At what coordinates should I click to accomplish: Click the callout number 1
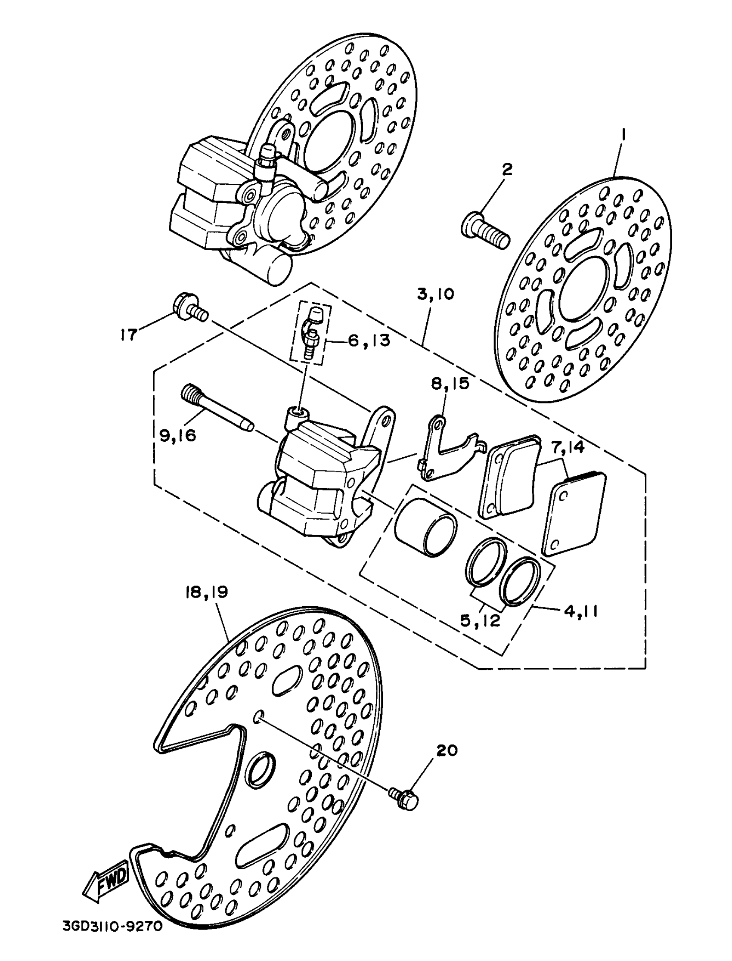tap(623, 136)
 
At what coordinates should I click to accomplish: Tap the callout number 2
tap(507, 170)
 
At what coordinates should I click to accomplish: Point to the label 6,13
tap(369, 341)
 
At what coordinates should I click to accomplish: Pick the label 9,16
tap(178, 435)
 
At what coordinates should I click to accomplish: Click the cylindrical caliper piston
tap(426, 527)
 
